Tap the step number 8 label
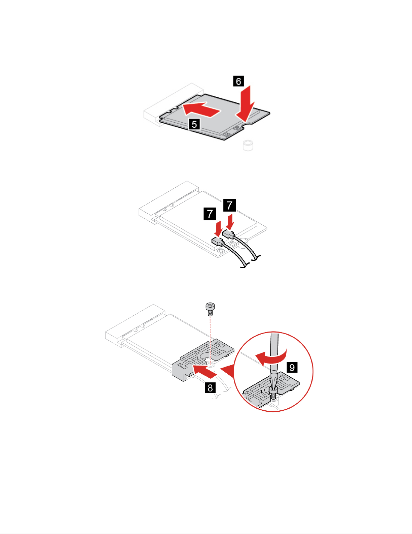[210, 388]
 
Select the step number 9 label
[292, 367]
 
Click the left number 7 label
[210, 214]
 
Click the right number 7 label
[229, 205]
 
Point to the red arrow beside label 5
[201, 109]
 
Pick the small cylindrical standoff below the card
[248, 145]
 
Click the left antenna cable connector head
[217, 241]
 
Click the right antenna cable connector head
[228, 233]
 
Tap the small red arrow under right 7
[230, 222]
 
